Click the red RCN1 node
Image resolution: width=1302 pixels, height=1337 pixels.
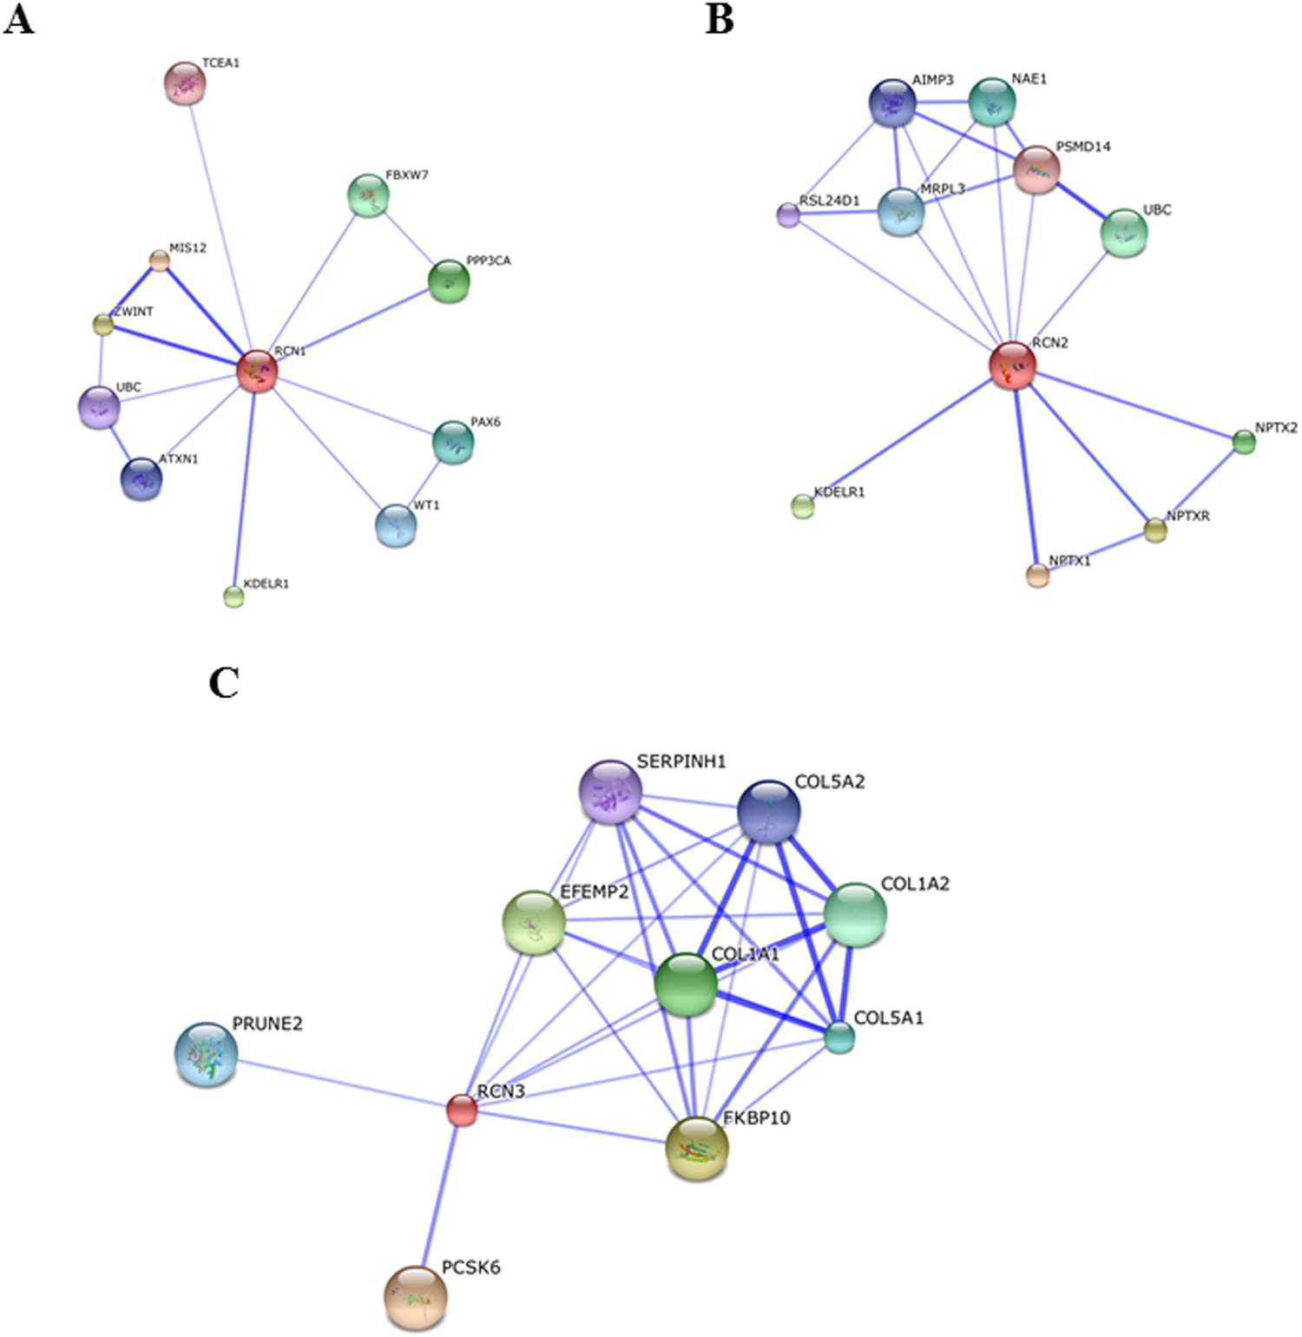[257, 371]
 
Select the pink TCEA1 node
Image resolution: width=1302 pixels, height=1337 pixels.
[185, 83]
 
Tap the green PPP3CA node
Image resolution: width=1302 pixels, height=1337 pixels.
[449, 280]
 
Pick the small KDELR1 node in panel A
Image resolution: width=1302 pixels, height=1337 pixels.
[233, 596]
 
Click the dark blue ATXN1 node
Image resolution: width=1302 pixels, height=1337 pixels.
[141, 478]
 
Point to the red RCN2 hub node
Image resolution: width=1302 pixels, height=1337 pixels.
[1012, 366]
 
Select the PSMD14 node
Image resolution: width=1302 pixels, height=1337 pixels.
[1036, 169]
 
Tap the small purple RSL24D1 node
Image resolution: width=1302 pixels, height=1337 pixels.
[788, 214]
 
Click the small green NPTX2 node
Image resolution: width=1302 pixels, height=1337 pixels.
[1244, 442]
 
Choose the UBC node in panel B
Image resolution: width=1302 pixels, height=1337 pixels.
[1124, 233]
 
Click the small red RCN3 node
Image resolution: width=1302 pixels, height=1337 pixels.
[462, 1110]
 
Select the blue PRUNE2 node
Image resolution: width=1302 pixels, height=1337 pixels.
[206, 1054]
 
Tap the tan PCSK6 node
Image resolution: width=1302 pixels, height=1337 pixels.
[416, 1298]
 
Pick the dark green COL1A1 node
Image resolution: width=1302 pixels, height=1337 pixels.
[686, 985]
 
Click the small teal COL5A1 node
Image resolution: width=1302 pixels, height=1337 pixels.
[839, 1037]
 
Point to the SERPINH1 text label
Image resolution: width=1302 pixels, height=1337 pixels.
[681, 761]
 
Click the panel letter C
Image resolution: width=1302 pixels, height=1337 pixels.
[224, 683]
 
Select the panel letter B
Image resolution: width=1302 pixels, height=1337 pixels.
[720, 18]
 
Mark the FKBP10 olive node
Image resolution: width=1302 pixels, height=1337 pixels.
[697, 1148]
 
